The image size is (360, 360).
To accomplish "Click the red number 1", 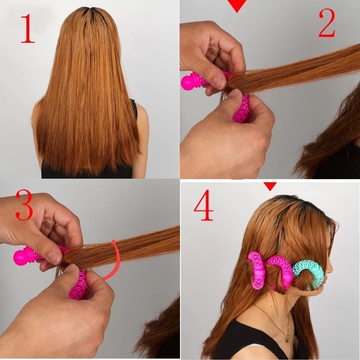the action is click(x=27, y=28).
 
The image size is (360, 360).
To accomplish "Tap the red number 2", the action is click(x=327, y=23).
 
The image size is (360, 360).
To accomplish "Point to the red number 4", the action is click(x=204, y=205).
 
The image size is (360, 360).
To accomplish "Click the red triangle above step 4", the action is click(x=270, y=186).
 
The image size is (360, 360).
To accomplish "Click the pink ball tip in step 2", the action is click(x=188, y=83).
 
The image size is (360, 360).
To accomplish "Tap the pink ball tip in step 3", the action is click(x=21, y=256).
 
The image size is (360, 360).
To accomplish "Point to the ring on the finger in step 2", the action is click(x=220, y=52).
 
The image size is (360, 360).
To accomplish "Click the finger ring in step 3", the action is click(x=56, y=225).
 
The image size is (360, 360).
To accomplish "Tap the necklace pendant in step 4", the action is click(x=287, y=338).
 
